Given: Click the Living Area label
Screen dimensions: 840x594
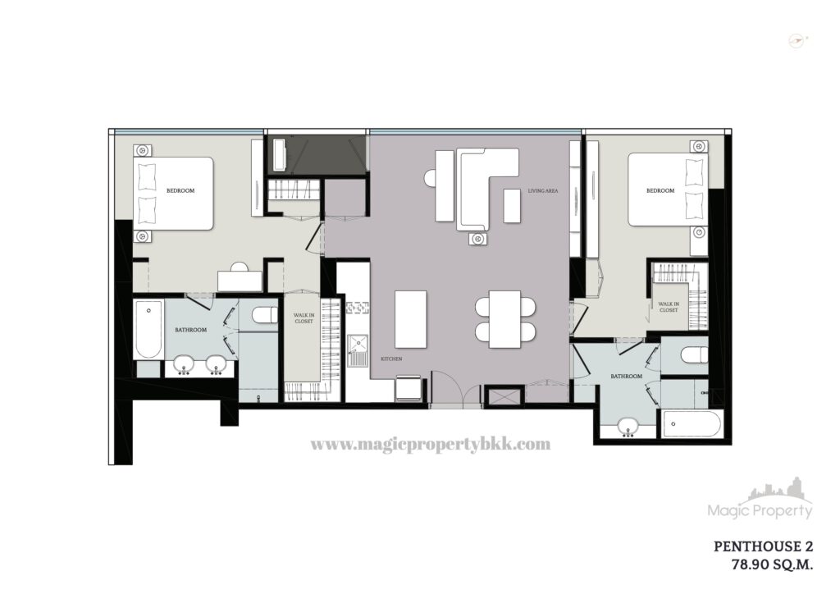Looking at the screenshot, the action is [x=543, y=190].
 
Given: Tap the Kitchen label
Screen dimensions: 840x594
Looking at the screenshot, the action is [x=391, y=359].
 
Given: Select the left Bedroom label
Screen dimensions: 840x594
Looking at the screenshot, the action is [x=180, y=190].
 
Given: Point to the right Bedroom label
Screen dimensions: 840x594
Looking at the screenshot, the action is [x=660, y=190].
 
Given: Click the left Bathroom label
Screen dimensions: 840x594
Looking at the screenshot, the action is [x=190, y=330].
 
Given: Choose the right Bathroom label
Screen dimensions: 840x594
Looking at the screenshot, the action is [x=626, y=377].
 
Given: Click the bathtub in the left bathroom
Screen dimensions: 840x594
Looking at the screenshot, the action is [x=148, y=330].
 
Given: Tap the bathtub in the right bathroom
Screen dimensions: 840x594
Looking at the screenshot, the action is [x=692, y=424].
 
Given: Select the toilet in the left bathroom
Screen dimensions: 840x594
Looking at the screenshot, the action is [x=265, y=315].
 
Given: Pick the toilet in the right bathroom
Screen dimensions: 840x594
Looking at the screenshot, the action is [x=695, y=355].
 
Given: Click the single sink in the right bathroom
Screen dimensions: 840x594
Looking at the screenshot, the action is [x=628, y=427].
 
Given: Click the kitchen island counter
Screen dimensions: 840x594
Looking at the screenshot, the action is [x=411, y=319].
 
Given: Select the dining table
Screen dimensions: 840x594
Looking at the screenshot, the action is [x=504, y=319].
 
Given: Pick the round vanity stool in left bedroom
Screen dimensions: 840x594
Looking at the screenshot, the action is [x=240, y=267].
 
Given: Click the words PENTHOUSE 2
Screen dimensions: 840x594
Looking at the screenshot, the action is [x=763, y=546].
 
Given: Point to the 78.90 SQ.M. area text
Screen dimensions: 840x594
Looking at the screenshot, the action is [x=772, y=564].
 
